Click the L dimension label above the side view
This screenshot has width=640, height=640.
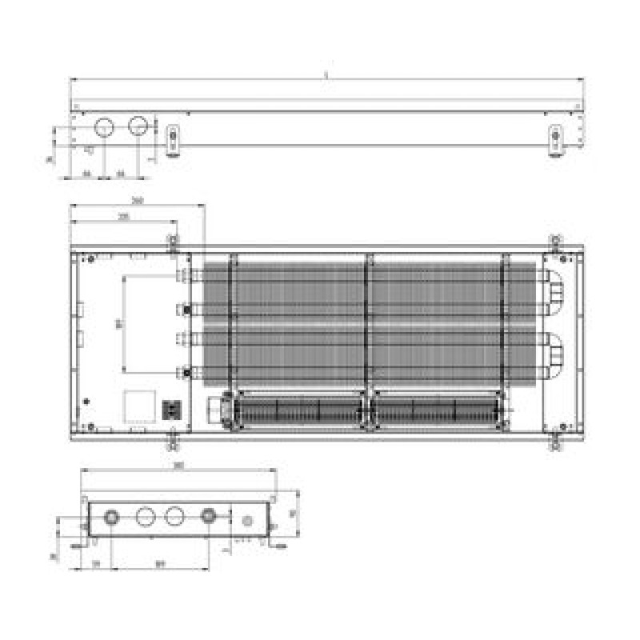[326, 74]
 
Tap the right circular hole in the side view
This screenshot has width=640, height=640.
[138, 126]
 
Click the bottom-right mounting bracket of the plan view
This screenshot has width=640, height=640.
[554, 439]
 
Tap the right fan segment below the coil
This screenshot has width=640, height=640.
[436, 410]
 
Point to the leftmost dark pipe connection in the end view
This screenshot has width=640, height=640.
[110, 517]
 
